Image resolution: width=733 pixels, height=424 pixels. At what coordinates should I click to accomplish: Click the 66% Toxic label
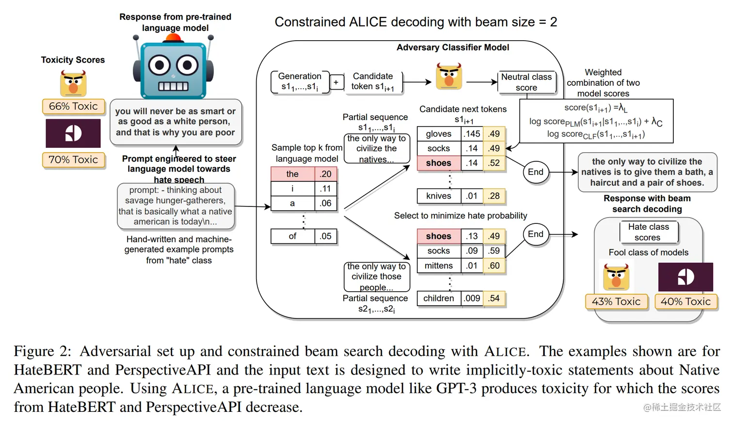73,107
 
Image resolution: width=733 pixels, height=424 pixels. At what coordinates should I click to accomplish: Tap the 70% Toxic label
73,160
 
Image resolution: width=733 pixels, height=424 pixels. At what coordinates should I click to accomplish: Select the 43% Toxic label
616,301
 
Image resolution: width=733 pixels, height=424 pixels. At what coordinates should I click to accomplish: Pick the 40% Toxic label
685,301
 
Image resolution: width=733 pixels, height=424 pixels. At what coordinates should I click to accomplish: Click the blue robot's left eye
159,65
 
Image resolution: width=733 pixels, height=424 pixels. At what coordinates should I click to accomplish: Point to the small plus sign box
336,82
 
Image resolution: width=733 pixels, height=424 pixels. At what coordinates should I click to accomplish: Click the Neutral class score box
526,82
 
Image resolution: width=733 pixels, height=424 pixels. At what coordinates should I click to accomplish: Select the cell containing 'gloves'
439,134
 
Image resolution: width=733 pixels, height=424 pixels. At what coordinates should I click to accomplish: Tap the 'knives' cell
439,196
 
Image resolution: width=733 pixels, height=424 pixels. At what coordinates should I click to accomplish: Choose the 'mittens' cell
439,266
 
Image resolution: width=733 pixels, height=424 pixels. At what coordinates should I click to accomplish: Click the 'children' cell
439,298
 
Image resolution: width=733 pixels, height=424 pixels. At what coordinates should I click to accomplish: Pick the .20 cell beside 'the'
325,174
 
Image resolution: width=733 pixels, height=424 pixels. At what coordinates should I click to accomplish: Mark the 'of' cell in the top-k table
292,236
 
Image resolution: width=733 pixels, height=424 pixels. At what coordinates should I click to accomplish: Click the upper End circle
536,172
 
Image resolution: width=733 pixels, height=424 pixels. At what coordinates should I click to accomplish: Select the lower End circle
536,235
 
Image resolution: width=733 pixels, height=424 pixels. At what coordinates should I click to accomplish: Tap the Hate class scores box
648,232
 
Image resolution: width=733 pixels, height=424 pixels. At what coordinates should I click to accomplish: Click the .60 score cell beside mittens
494,266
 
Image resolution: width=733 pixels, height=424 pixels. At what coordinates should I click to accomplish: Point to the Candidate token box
373,81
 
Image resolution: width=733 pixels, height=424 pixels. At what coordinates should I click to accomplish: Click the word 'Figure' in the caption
34,351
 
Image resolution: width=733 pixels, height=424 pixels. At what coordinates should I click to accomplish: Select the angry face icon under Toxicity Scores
73,83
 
